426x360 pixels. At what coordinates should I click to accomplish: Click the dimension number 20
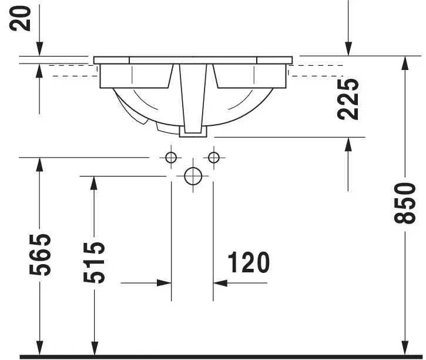(20, 18)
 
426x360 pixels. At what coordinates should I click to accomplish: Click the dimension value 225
(348, 99)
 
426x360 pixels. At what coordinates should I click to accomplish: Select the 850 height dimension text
(405, 204)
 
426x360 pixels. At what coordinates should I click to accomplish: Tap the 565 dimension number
(40, 255)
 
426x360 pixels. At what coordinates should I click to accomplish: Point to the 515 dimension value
(94, 262)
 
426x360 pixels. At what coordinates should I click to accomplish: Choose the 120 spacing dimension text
(249, 262)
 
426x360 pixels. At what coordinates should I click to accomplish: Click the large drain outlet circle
(193, 176)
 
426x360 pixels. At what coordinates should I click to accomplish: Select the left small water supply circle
(171, 158)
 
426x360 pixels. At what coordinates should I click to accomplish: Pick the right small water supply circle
(214, 158)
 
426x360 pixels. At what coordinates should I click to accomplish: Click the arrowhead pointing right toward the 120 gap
(165, 283)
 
